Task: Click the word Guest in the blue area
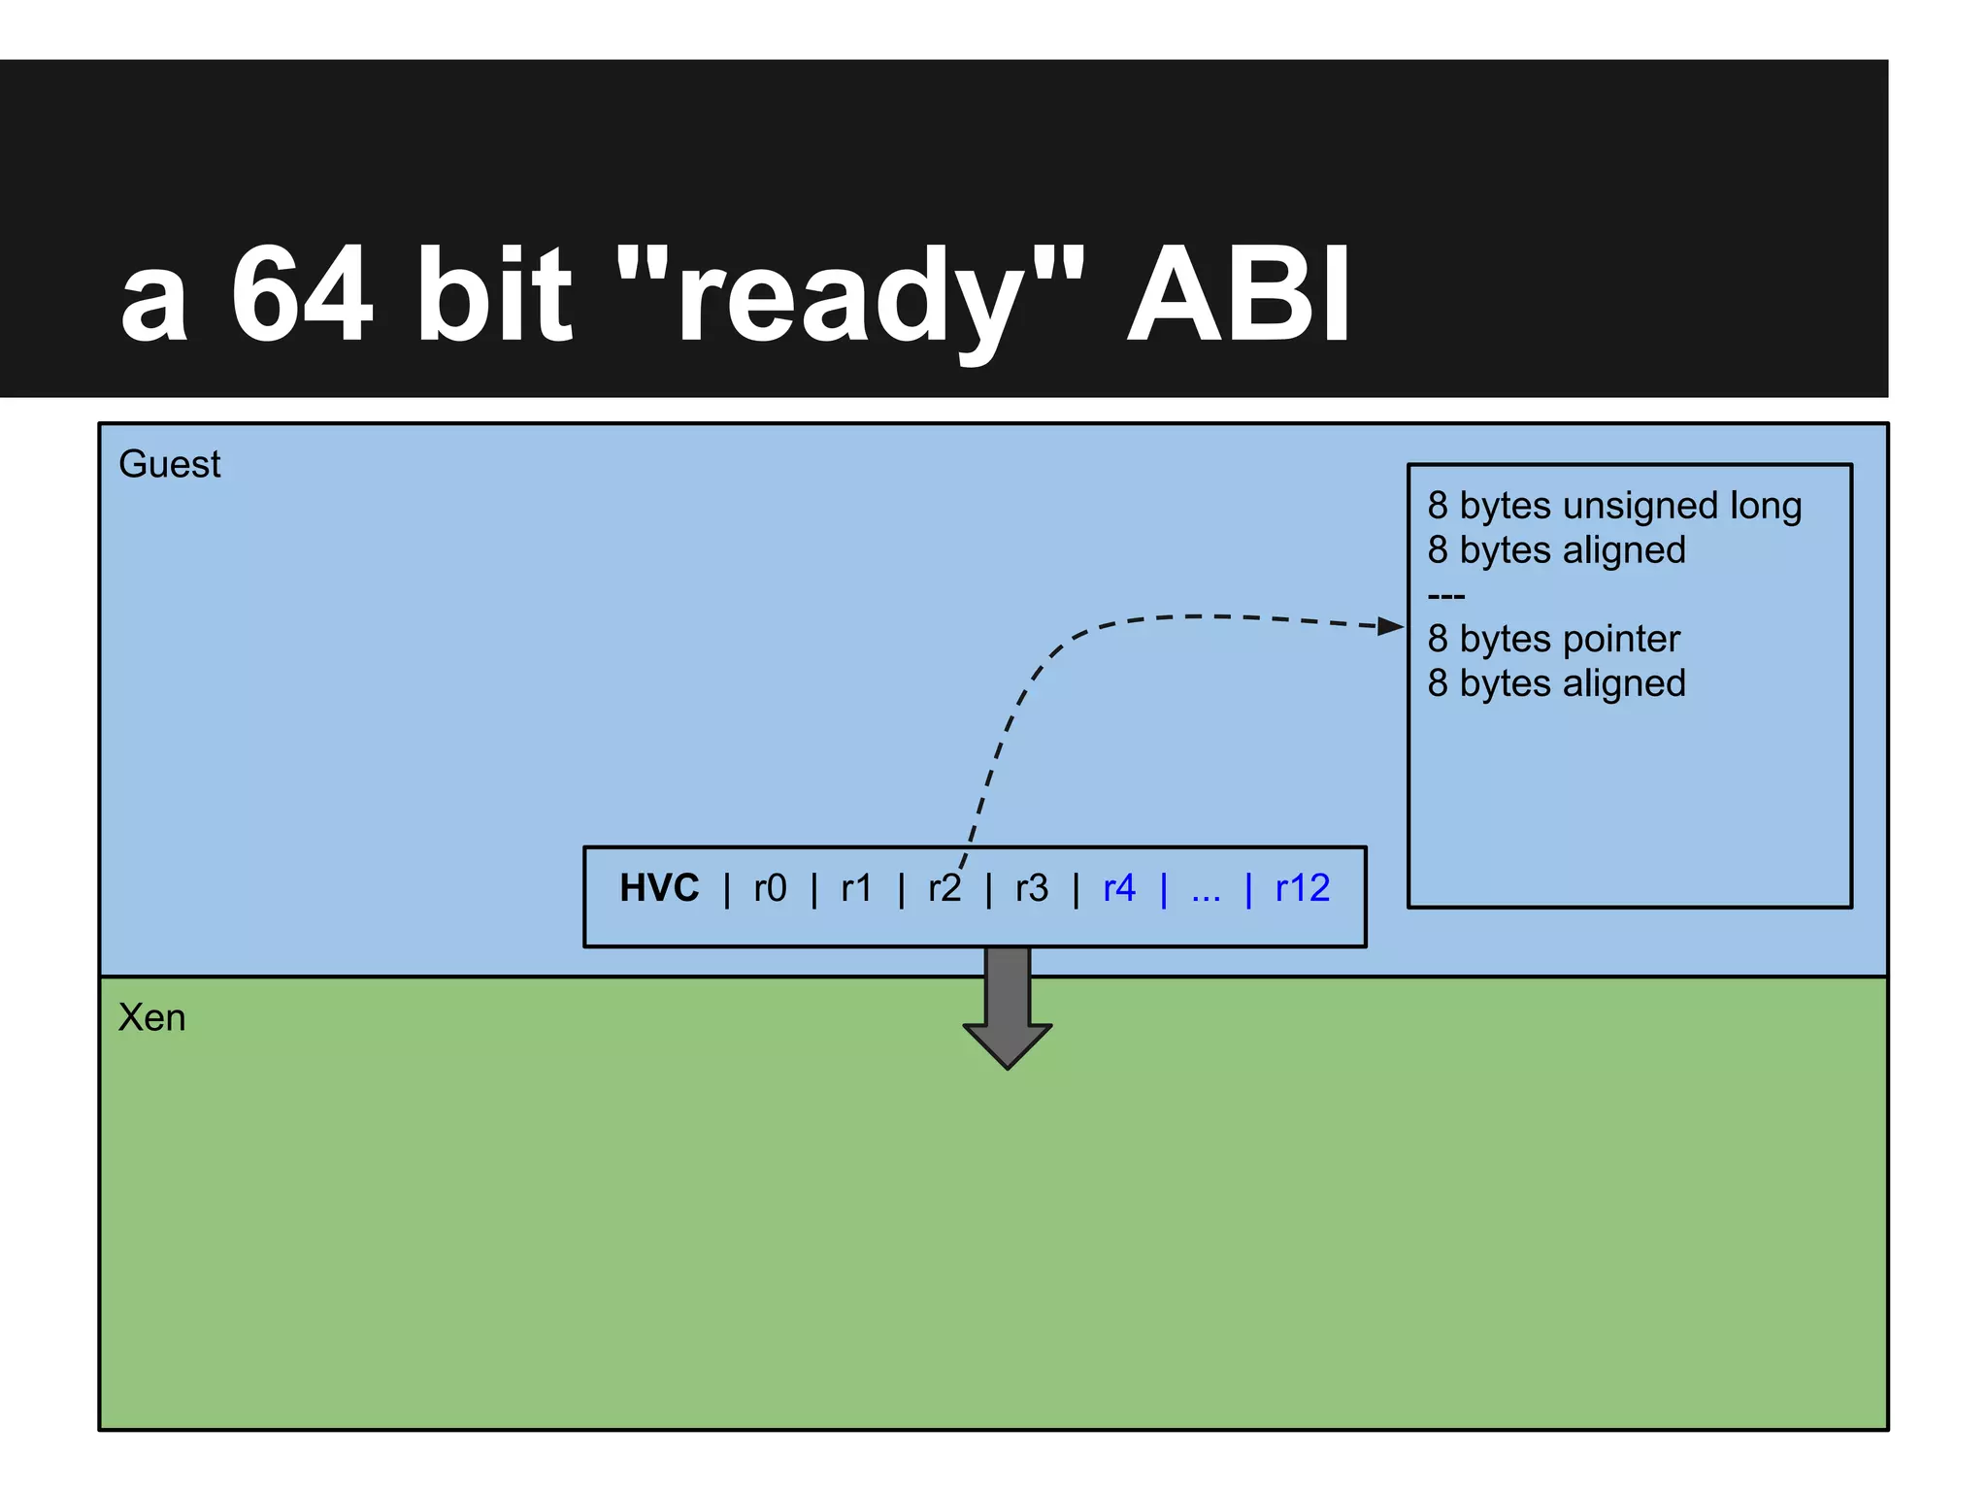169,464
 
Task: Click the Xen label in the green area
151,1017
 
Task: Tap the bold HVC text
659,888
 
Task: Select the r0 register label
770,888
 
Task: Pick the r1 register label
856,888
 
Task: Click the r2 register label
943,888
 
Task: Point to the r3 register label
1031,888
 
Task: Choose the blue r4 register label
1118,888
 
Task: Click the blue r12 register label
1302,888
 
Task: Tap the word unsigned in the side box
1640,507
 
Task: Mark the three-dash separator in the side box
1445,595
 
